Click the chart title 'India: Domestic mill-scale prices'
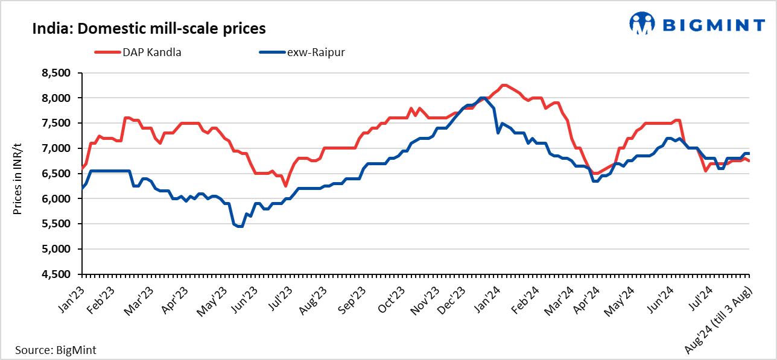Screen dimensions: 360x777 click(149, 28)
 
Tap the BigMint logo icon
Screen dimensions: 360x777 click(642, 24)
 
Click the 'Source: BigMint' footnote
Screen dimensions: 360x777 click(55, 350)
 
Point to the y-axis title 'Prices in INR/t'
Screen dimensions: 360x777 click(17, 174)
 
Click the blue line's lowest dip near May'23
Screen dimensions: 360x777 click(239, 227)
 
